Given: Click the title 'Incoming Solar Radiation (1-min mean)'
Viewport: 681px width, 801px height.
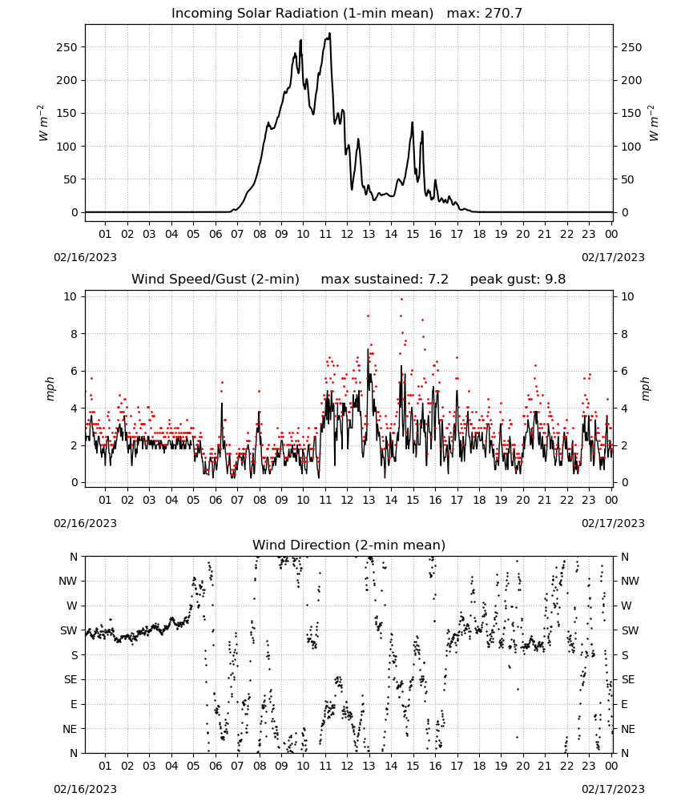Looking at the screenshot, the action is (302, 14).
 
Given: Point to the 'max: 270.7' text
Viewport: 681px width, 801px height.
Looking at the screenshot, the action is (485, 14).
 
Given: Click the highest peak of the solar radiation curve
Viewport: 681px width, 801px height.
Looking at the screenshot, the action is (329, 34).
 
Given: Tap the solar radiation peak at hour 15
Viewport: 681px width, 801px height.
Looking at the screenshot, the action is (413, 123).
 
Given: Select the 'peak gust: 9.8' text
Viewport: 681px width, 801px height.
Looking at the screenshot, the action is (518, 280).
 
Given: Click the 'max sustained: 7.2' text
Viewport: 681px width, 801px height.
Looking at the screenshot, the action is (385, 280).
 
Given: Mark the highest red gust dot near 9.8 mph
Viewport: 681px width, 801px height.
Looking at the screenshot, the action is (401, 300).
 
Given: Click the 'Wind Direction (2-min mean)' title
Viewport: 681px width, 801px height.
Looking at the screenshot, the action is (349, 545).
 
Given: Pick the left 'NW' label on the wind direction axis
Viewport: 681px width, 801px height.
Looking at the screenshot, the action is (68, 582).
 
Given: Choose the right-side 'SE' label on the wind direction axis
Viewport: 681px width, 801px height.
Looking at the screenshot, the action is (628, 680).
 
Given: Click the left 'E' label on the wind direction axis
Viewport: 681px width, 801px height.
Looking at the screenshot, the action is (74, 704).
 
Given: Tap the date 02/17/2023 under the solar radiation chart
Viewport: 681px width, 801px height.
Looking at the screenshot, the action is (613, 257).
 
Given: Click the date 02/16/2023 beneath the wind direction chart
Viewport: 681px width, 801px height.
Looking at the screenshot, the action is (85, 789).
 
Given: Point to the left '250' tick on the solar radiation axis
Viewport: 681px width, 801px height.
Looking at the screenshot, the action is (68, 47).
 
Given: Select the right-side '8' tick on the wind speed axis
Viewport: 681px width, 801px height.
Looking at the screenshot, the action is (624, 334).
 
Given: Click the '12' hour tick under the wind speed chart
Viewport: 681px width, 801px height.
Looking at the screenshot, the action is (347, 500).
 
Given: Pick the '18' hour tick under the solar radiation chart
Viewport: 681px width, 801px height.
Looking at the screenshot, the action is (479, 234).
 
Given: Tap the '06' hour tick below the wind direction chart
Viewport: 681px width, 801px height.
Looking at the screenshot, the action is (215, 767).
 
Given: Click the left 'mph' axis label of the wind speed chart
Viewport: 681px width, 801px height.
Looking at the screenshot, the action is (50, 389).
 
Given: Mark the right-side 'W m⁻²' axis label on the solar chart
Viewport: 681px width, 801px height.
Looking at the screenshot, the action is (654, 123).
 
